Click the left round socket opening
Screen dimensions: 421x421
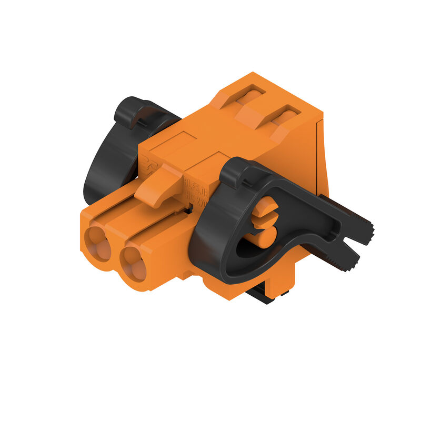coord(98,243)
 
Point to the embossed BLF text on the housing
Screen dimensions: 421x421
coord(195,184)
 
